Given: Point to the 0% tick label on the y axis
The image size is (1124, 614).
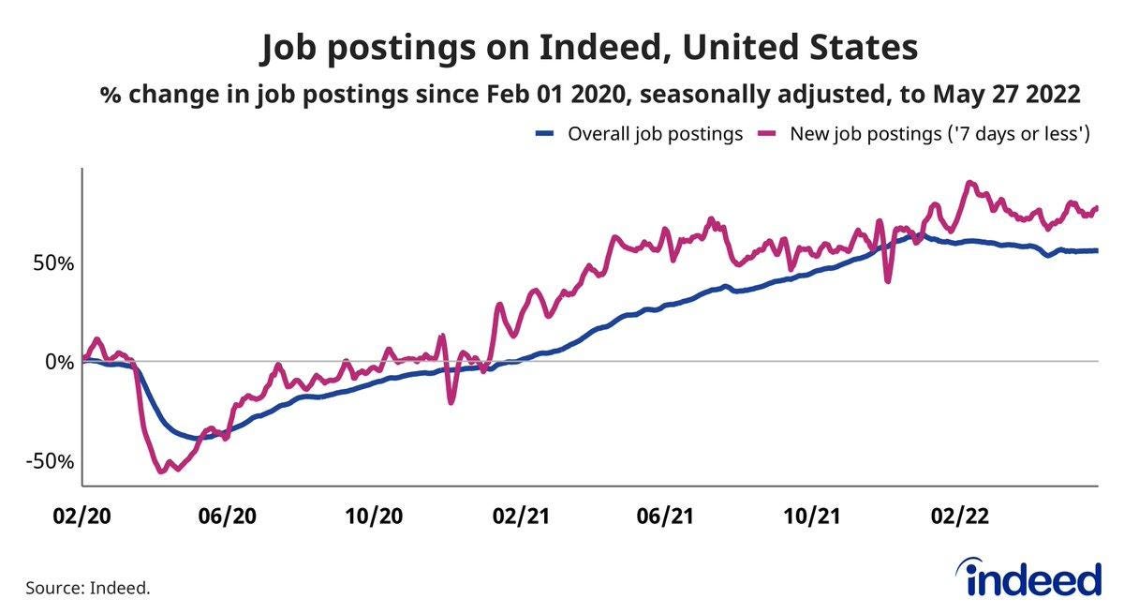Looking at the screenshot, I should click(x=57, y=362).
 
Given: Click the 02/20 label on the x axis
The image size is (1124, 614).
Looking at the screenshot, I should click(x=82, y=517).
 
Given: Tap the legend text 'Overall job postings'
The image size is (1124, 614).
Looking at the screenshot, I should click(x=656, y=134).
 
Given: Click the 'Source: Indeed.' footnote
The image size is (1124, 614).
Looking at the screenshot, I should click(x=88, y=588).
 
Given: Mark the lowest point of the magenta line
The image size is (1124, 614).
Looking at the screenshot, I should click(x=160, y=472).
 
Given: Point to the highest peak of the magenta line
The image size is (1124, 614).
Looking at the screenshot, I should click(x=970, y=183).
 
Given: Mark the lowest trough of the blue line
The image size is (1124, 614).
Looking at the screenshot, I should click(x=196, y=438).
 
